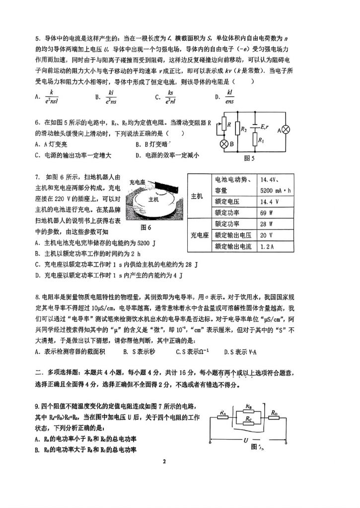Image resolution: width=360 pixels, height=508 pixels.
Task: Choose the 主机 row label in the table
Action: point(197,196)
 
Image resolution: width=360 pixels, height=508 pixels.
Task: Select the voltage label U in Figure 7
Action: point(246,440)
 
